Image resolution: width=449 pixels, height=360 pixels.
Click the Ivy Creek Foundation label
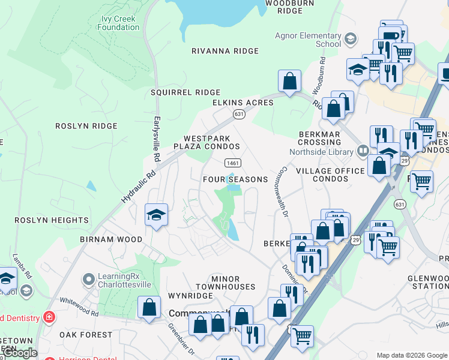click(x=118, y=23)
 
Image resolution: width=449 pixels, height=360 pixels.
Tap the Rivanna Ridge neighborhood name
click(x=224, y=51)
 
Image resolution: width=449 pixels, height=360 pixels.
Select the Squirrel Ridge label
click(x=185, y=92)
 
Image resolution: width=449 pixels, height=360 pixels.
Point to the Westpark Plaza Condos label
click(x=206, y=142)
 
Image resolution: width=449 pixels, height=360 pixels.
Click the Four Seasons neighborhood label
click(x=235, y=179)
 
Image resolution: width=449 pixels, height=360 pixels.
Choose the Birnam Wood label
click(x=111, y=239)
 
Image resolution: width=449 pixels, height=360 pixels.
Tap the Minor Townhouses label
click(x=234, y=283)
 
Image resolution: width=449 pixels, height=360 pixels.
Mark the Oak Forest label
click(x=86, y=335)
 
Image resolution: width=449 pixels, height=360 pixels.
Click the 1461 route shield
click(x=233, y=163)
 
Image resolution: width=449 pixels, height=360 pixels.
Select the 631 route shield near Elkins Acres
click(x=239, y=114)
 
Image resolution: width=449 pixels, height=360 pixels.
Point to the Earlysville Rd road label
click(x=157, y=139)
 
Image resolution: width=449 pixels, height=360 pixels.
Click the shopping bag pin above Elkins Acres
click(x=289, y=82)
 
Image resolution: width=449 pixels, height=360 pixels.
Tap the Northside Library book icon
click(x=363, y=151)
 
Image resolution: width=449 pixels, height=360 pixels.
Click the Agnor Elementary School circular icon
click(x=350, y=40)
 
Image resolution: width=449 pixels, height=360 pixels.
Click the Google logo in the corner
click(x=19, y=353)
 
